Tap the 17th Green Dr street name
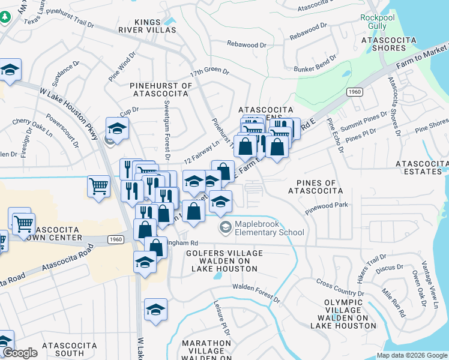tap(210, 71)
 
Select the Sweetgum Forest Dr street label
tap(167, 126)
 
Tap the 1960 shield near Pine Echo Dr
tap(354, 91)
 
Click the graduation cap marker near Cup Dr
tap(117, 128)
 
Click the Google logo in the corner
tap(20, 353)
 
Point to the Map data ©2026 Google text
tap(412, 355)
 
